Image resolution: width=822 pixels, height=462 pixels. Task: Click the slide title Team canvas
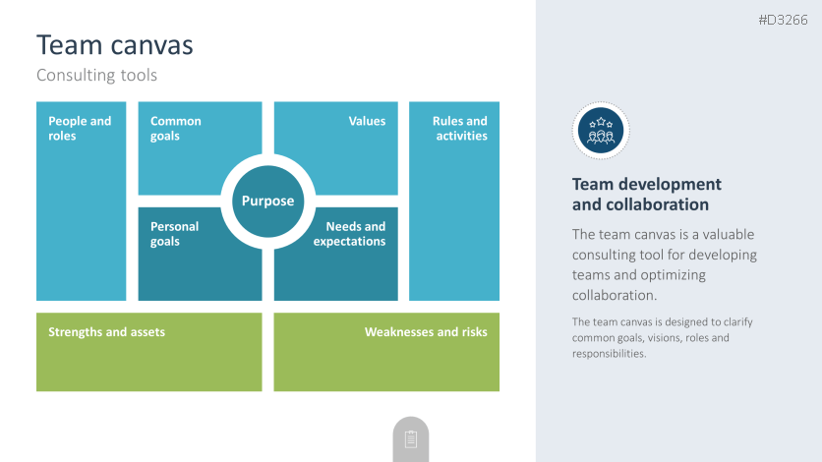[115, 45]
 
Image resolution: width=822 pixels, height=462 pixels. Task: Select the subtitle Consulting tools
[96, 75]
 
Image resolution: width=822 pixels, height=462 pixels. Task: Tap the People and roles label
[80, 129]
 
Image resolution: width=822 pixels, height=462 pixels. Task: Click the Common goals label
[175, 129]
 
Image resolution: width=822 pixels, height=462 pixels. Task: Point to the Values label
[367, 121]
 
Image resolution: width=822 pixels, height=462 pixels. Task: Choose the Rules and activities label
[459, 129]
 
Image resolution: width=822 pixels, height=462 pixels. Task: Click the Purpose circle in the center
[267, 201]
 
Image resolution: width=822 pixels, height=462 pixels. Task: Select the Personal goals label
[174, 234]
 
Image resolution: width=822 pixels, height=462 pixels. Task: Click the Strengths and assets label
[106, 332]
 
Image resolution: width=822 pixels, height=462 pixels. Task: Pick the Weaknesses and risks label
[426, 332]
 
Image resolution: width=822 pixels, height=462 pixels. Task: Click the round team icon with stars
[600, 131]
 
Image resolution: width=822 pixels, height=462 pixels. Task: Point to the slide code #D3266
[783, 21]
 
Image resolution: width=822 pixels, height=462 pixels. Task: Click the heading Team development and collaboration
[646, 195]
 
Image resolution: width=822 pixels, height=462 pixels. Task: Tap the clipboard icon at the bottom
[411, 439]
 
